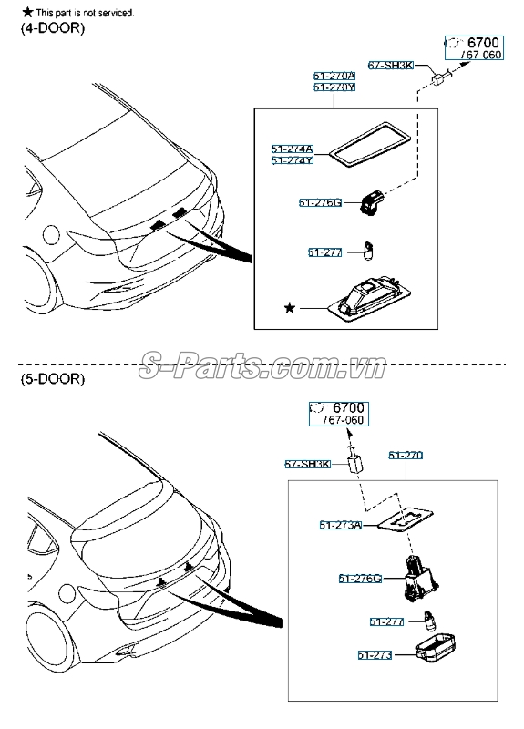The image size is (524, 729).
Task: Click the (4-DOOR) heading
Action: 53,29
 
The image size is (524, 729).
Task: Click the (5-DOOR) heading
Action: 53,378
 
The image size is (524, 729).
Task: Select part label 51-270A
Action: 334,77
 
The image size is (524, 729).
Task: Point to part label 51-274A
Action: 292,149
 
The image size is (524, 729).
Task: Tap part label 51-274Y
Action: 292,160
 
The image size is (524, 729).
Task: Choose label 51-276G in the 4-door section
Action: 319,202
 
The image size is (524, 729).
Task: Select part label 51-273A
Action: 341,525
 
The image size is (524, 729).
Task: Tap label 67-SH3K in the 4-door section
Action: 391,65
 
